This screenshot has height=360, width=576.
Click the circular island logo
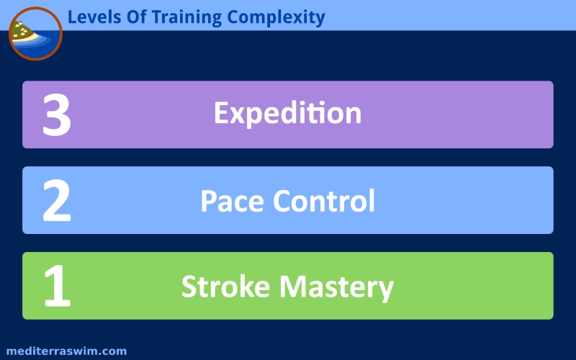point(35,33)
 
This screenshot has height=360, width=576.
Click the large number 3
point(57,114)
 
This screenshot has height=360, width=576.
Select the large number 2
point(57,201)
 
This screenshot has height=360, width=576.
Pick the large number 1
point(58,286)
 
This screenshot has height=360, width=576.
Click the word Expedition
point(287,114)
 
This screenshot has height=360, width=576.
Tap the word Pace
point(232,201)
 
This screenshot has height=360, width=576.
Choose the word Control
point(323,201)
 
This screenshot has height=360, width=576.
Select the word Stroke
point(225,286)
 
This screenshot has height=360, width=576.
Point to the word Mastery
point(336,287)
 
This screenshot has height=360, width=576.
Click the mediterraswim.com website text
point(66,351)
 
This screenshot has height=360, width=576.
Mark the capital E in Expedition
point(222,112)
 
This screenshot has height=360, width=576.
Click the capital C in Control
point(283,201)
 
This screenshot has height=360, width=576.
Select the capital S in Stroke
point(189,287)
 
